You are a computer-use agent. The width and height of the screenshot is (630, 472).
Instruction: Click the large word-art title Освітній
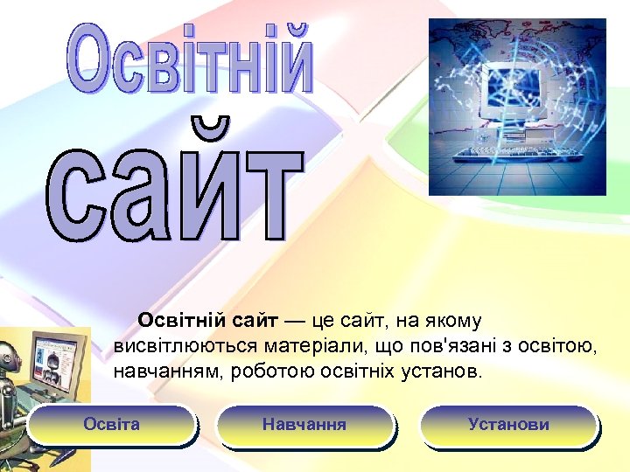coord(190,59)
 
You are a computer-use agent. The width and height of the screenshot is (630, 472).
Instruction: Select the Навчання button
coord(304,425)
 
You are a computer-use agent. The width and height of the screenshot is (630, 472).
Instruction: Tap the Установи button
coord(508,425)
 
